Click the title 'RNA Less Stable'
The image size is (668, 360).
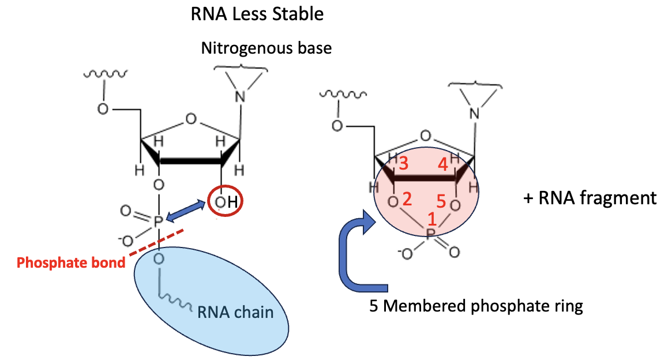point(257,14)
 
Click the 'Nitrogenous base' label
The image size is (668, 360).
point(266,48)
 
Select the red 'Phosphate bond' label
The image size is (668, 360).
point(70,263)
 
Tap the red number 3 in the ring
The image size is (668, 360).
point(403,164)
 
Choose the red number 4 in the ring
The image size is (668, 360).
point(442,164)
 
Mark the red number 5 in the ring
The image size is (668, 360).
point(441,202)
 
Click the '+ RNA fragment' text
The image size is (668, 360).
point(589,198)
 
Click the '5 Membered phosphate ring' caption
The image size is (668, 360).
point(476,306)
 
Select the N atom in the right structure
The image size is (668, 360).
point(474,114)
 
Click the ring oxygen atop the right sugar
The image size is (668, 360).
point(425,136)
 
